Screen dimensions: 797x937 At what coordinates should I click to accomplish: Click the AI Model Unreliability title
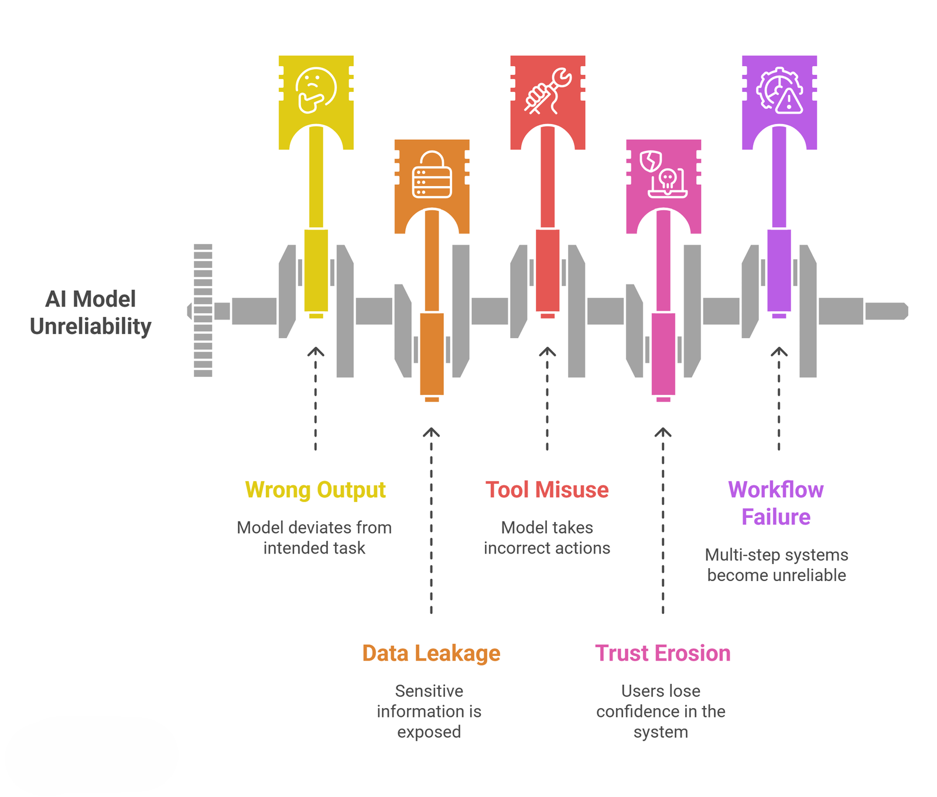(91, 312)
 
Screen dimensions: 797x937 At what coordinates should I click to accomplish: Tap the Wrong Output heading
(315, 490)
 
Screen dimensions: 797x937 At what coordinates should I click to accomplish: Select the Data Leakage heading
(431, 653)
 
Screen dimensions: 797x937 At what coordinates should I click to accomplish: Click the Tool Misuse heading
(547, 490)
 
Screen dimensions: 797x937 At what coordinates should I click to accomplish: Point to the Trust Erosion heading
(662, 653)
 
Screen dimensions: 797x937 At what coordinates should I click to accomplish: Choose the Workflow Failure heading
(776, 503)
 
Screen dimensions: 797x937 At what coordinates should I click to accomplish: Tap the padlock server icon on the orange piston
(432, 175)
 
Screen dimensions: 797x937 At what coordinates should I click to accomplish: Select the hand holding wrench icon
(548, 91)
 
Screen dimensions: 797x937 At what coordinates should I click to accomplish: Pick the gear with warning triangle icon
(779, 91)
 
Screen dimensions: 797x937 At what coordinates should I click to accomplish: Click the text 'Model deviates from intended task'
(314, 538)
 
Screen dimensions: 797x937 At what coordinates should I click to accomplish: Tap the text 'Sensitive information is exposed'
(429, 711)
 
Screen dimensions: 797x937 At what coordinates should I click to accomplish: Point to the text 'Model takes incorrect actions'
(547, 538)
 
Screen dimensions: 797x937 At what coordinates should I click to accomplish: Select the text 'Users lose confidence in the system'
(661, 711)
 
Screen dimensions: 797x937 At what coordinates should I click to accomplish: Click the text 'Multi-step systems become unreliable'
(777, 565)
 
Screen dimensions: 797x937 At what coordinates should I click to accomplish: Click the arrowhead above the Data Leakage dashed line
(432, 432)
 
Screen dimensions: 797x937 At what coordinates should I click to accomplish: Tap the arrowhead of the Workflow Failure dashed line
(779, 352)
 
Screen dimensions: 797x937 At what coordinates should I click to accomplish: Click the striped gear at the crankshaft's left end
(203, 310)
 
